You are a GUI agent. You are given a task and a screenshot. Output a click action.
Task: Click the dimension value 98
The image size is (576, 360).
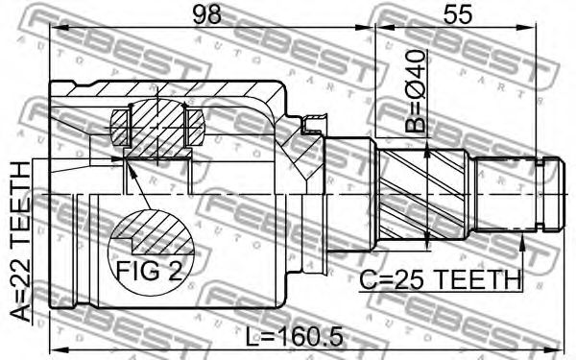pos(207,14)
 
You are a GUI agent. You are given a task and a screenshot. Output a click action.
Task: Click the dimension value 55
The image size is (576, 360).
pos(457,14)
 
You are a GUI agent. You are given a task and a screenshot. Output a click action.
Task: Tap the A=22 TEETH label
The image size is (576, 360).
pos(20,242)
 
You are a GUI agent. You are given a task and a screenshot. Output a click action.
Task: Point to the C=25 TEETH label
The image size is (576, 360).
pos(440,280)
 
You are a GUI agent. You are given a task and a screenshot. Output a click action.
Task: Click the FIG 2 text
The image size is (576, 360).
pos(150,272)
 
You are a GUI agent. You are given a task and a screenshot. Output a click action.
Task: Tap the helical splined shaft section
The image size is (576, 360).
pos(422,194)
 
